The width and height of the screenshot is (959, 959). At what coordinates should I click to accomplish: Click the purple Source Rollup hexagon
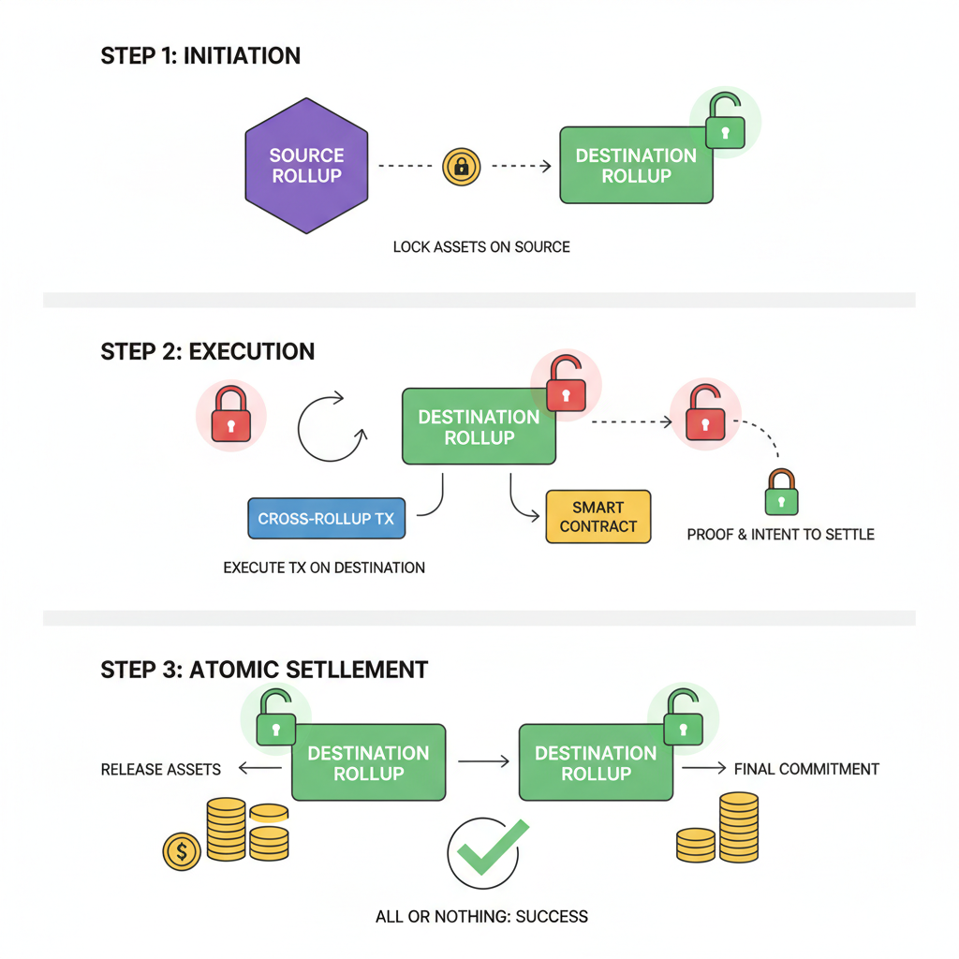[306, 166]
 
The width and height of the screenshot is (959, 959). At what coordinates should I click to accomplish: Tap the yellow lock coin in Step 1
[461, 167]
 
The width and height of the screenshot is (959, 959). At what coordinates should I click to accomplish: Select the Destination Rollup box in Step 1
[636, 166]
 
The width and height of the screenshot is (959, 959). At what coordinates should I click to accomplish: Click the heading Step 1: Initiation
[200, 55]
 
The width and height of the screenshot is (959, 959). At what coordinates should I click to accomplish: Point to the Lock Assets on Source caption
[481, 247]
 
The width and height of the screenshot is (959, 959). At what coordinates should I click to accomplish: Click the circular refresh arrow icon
[331, 428]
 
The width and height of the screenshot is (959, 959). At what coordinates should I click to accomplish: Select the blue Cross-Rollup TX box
[326, 518]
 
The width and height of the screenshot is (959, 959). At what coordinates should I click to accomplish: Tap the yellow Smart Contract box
[598, 516]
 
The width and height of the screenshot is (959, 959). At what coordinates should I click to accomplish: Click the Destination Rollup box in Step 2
[479, 427]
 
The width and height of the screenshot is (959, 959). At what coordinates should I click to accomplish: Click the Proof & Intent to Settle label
[780, 535]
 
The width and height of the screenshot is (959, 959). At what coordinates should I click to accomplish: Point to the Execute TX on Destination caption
[324, 568]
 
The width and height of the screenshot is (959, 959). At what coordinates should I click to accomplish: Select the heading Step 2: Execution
[207, 352]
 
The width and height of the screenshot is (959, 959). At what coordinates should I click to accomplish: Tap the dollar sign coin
[181, 852]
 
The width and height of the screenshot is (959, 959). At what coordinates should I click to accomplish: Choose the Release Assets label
[161, 770]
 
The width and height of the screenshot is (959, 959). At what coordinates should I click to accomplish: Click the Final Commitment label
[806, 769]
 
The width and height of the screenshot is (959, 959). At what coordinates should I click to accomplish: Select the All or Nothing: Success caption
[481, 916]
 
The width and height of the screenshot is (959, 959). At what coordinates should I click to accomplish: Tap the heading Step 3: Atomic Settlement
[264, 670]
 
